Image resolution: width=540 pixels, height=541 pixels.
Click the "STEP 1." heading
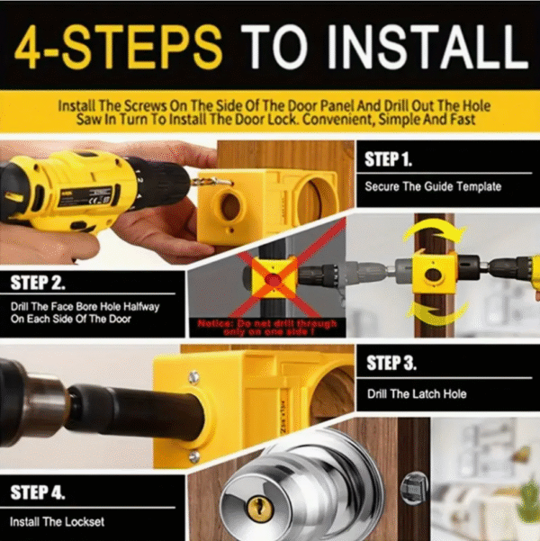coord(389,160)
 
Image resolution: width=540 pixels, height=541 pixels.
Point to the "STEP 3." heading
coord(391,365)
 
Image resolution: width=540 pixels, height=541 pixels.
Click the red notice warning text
coord(268,326)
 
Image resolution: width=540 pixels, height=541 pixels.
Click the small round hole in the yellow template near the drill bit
coord(230,205)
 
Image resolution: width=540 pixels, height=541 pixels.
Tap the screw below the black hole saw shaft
coord(193,456)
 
